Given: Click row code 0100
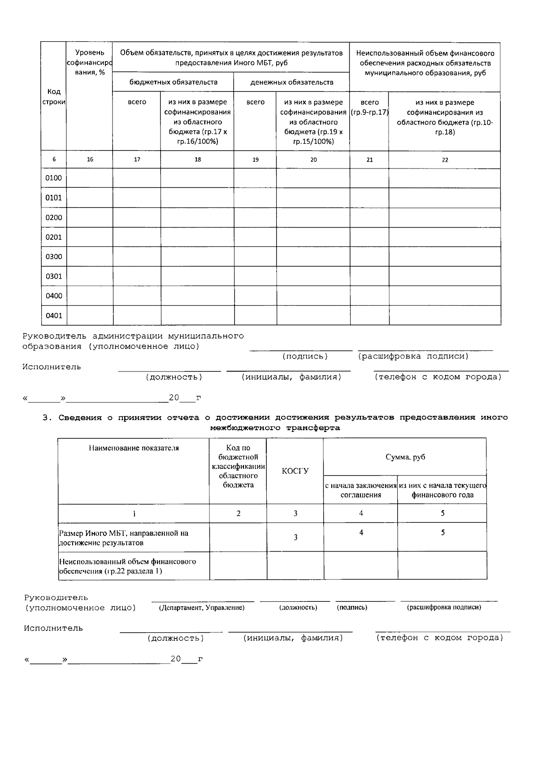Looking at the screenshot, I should [54, 178].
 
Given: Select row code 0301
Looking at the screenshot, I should [54, 276].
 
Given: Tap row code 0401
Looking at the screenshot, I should [54, 315].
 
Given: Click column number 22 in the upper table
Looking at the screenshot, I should [445, 160].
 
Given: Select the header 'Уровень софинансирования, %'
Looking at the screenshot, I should [90, 62].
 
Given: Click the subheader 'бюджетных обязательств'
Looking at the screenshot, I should [173, 82].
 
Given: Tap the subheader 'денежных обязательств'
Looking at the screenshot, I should [291, 82].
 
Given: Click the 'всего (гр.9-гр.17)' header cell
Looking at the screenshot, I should [369, 107].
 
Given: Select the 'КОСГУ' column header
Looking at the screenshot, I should [295, 471].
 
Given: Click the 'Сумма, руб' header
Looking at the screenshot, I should [405, 457].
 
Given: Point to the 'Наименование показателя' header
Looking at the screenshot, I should [134, 448].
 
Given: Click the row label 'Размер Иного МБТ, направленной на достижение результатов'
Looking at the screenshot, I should [124, 538].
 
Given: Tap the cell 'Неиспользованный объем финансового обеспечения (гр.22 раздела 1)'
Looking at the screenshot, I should [127, 566].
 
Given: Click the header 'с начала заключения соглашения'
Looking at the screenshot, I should [360, 490].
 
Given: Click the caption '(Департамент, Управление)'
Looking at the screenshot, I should [202, 608].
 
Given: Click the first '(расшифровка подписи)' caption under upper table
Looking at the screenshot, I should [413, 356].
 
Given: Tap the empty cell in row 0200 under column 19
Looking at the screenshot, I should [255, 217].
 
